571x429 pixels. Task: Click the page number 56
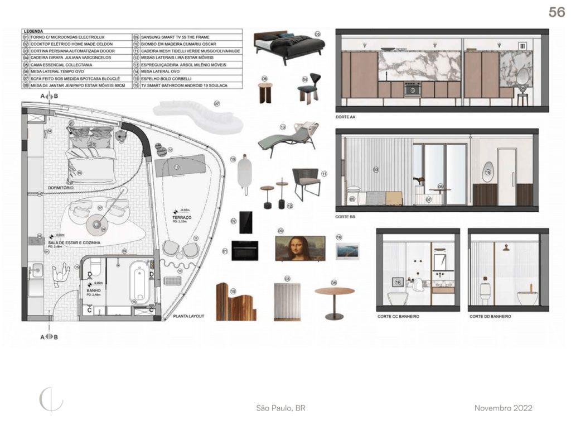(x=556, y=12)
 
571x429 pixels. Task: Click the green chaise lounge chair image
(x=289, y=137)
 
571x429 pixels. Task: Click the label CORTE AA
(x=346, y=118)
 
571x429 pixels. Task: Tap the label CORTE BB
(x=346, y=216)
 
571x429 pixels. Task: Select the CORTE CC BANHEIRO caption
(x=398, y=317)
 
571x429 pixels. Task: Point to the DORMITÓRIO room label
(x=61, y=188)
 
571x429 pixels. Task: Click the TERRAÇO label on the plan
(x=183, y=216)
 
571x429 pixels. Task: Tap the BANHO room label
(x=93, y=290)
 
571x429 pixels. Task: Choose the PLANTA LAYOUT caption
(x=188, y=316)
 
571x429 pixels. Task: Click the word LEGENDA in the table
(x=33, y=31)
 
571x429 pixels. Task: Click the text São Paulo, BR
(x=280, y=408)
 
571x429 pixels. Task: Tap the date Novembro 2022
(x=503, y=408)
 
